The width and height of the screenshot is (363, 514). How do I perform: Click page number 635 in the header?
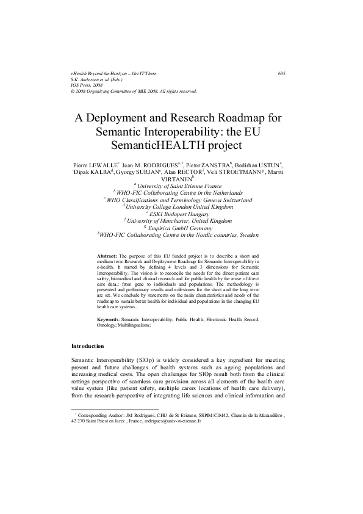pyautogui.click(x=282, y=73)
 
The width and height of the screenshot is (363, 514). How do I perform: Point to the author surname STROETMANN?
pyautogui.click(x=236, y=173)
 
